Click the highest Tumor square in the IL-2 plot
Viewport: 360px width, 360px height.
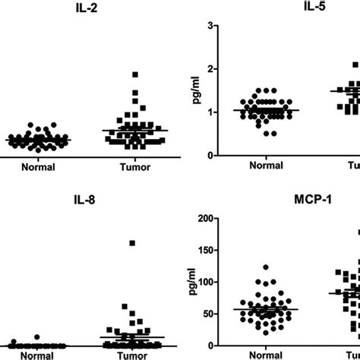(x=135, y=74)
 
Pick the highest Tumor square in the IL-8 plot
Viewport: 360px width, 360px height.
(x=132, y=243)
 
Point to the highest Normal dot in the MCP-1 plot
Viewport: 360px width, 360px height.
(x=265, y=267)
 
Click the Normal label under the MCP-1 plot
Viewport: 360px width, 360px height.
(x=262, y=354)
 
